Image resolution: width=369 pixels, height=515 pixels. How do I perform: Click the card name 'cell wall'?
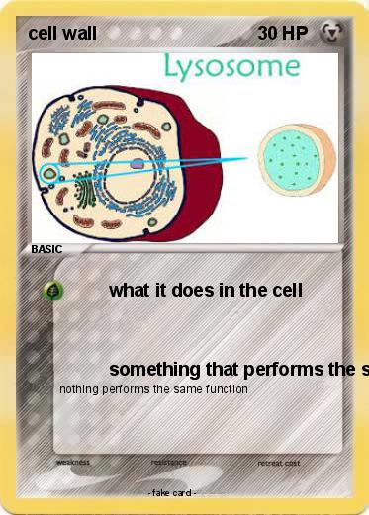click(62, 34)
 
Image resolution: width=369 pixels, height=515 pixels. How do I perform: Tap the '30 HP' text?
click(282, 34)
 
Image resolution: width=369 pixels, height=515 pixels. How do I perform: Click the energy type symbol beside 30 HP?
click(330, 33)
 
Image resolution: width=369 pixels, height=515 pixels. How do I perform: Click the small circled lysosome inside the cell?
click(48, 175)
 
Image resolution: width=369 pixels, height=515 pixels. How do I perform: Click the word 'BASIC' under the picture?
click(47, 249)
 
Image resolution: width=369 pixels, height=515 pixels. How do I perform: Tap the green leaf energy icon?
click(54, 291)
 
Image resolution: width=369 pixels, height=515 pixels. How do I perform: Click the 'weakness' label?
click(73, 462)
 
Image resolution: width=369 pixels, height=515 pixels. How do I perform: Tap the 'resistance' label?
click(169, 462)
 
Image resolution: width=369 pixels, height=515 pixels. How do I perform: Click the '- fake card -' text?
click(172, 492)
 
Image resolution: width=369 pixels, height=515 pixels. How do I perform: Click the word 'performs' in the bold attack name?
click(282, 370)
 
